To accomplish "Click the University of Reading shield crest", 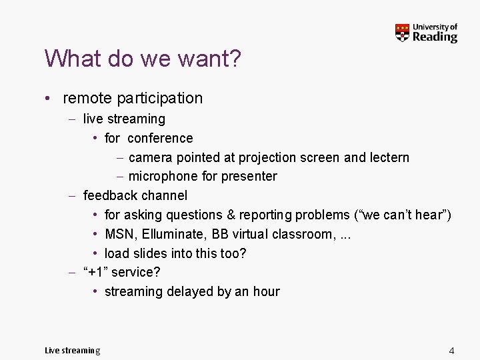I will pyautogui.click(x=402, y=33).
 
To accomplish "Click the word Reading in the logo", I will pyautogui.click(x=435, y=37).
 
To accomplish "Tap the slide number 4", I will pyautogui.click(x=451, y=351).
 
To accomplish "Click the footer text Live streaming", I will pyautogui.click(x=72, y=351).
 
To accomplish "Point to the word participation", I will pyautogui.click(x=159, y=99).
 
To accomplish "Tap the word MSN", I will pyautogui.click(x=119, y=235).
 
